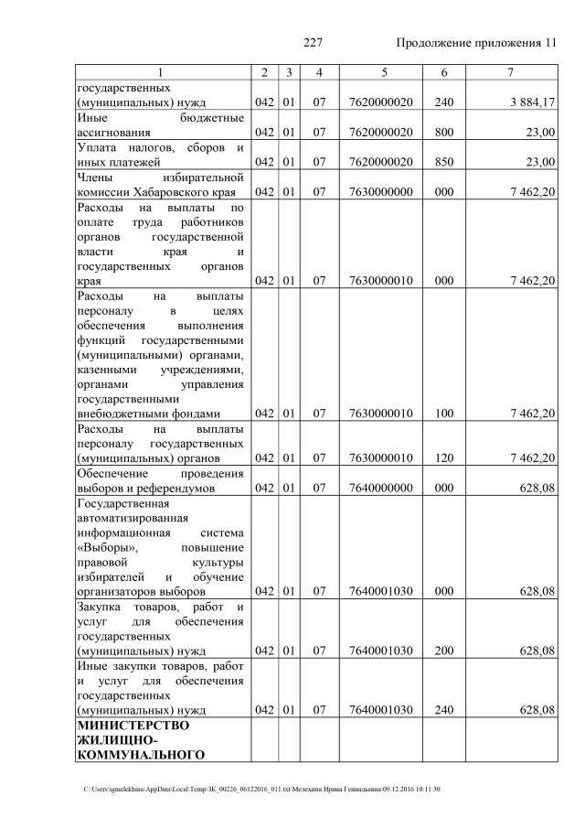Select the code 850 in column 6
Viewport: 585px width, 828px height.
444,162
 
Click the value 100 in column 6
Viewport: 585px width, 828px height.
444,414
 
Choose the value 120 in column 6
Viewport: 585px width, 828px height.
444,458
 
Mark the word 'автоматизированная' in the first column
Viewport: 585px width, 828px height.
137,518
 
